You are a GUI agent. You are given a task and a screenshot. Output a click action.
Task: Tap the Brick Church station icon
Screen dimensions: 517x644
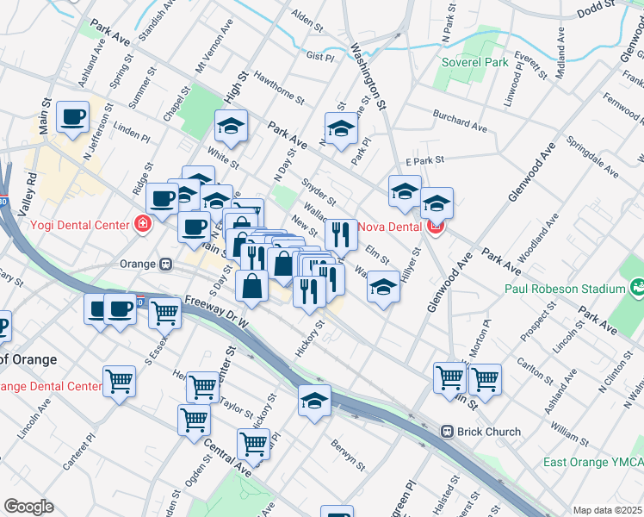point(447,431)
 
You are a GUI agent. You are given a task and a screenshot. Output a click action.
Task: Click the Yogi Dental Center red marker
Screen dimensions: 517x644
point(142,226)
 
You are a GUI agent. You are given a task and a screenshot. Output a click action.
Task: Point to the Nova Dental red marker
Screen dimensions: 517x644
point(437,227)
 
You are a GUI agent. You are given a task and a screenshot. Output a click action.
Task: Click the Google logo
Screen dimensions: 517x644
point(28,507)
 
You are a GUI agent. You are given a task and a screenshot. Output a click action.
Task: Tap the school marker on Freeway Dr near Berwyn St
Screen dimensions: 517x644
point(314,400)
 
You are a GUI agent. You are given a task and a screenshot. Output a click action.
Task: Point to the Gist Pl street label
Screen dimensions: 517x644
point(319,56)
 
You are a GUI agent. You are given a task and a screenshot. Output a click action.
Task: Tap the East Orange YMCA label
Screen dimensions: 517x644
point(592,463)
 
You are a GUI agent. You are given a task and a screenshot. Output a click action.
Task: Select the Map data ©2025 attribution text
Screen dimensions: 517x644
point(607,510)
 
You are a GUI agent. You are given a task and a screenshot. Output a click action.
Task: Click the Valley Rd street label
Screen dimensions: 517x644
point(31,189)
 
